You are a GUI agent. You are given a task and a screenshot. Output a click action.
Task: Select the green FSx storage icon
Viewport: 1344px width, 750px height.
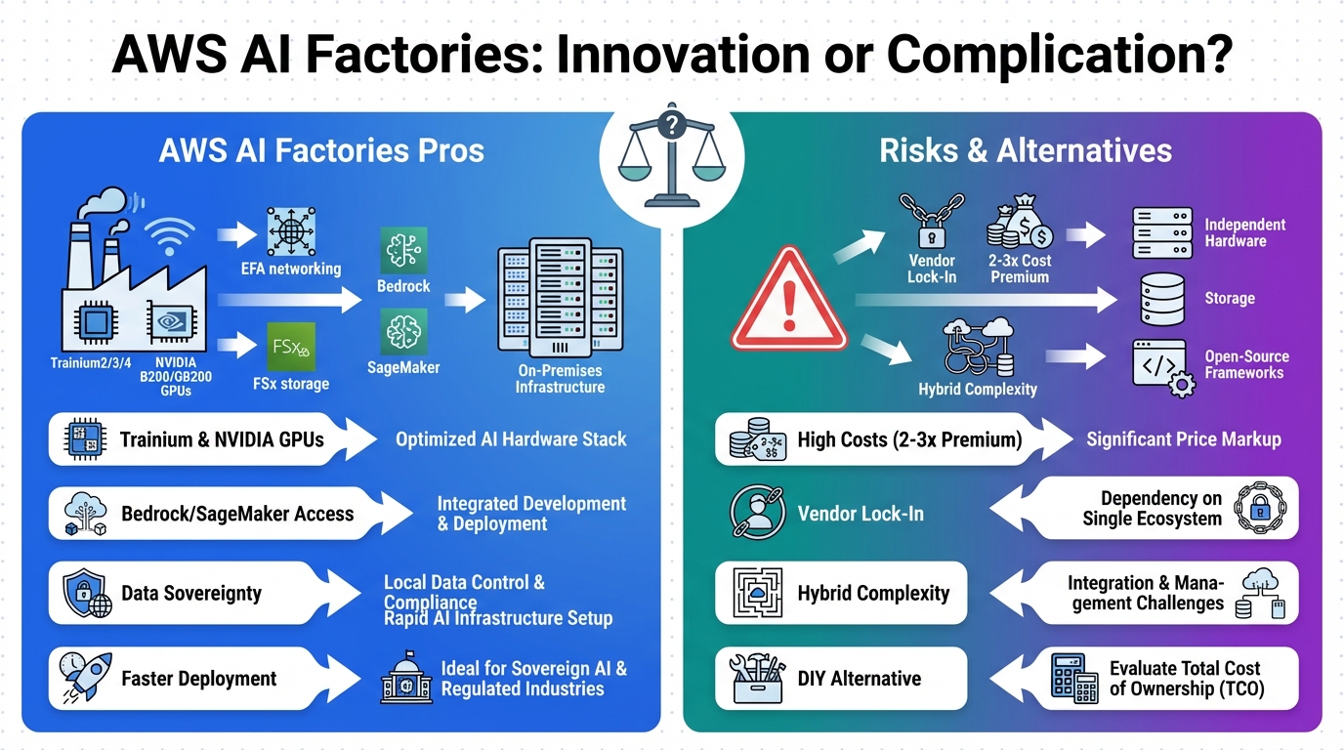pyautogui.click(x=291, y=346)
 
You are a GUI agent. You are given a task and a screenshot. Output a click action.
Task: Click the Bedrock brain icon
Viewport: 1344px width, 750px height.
pyautogui.click(x=403, y=250)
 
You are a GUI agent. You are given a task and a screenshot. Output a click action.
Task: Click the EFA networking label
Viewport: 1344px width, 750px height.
pyautogui.click(x=291, y=268)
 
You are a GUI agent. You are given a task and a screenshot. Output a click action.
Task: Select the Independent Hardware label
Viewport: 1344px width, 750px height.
pyautogui.click(x=1244, y=232)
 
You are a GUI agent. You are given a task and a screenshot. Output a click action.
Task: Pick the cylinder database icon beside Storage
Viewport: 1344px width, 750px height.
pyautogui.click(x=1161, y=299)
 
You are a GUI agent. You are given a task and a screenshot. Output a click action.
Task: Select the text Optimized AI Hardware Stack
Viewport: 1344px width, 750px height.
pyautogui.click(x=511, y=439)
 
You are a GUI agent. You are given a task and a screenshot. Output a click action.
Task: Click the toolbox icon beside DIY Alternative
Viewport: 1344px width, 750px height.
pyautogui.click(x=758, y=679)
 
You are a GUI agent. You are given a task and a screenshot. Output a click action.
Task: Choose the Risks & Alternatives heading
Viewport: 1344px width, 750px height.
pyautogui.click(x=1025, y=150)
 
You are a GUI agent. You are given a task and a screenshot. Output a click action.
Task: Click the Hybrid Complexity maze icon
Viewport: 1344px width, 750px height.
pyautogui.click(x=758, y=593)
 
